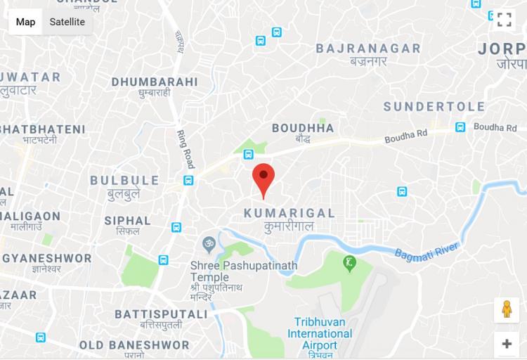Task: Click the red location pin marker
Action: [263, 176]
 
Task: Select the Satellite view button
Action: [67, 22]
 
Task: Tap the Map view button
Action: [25, 22]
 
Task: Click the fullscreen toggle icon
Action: [504, 20]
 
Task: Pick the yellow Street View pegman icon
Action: [506, 309]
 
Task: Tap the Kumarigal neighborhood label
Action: [289, 212]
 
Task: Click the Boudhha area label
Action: [303, 128]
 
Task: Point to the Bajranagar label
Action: [368, 49]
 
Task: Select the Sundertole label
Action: [434, 107]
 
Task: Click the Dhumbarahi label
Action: [155, 82]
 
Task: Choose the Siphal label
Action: [128, 221]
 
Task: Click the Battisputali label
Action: [161, 314]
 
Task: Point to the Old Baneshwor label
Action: [134, 345]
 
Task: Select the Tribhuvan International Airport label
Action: [320, 333]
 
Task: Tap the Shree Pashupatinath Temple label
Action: [244, 271]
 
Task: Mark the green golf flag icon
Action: [349, 264]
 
